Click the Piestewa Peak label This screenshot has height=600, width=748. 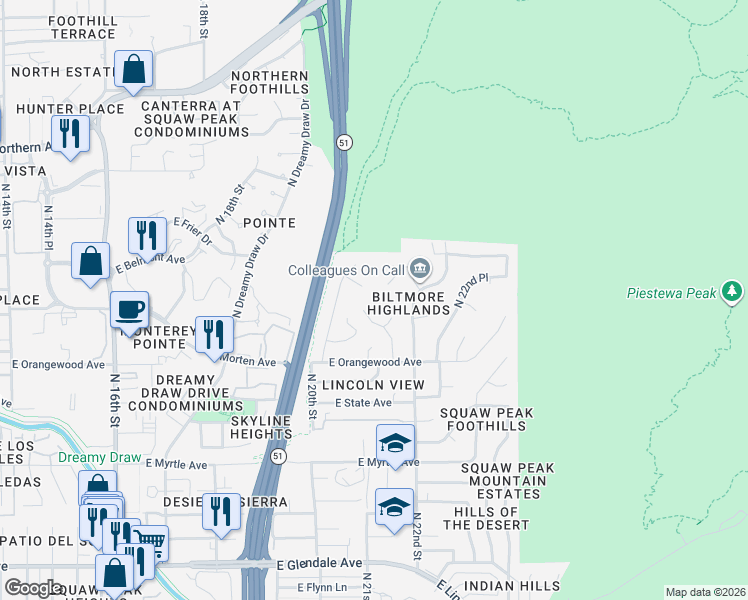point(671,293)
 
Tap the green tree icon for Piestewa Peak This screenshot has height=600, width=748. point(733,291)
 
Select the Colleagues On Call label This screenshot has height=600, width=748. point(346,269)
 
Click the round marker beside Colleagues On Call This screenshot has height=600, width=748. point(420,268)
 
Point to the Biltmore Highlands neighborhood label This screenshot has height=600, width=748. point(411,303)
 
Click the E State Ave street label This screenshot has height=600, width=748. point(363,402)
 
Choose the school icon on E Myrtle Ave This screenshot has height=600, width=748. point(395,443)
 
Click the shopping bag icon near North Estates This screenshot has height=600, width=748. point(133,70)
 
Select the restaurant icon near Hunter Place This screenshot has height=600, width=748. point(70,133)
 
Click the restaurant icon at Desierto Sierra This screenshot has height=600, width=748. point(221,510)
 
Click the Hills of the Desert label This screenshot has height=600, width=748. point(491,518)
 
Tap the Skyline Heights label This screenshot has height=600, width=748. point(261,428)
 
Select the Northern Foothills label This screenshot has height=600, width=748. point(269,84)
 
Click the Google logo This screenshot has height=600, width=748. point(33,588)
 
